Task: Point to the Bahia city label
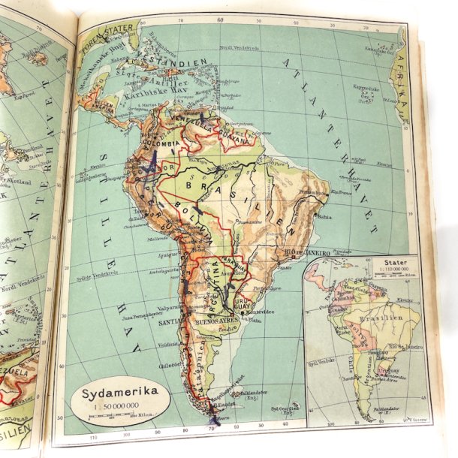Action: click(x=324, y=216)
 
